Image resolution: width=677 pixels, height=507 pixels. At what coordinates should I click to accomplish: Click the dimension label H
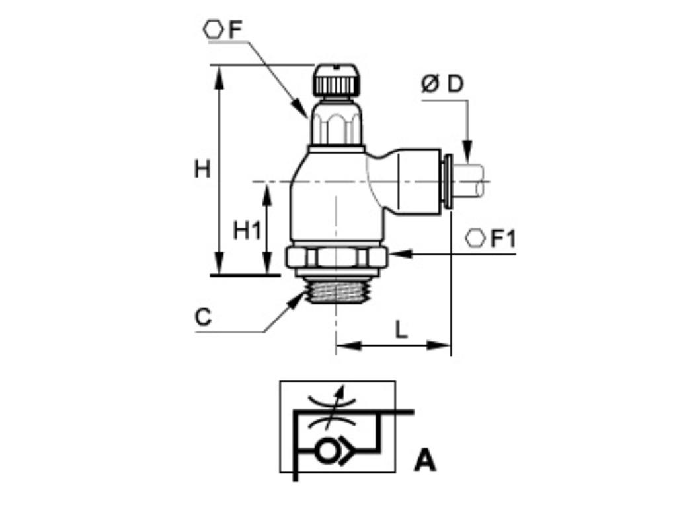click(202, 170)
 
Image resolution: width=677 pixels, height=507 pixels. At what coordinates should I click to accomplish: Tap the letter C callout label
click(203, 318)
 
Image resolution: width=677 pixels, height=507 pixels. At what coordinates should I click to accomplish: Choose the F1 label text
click(502, 239)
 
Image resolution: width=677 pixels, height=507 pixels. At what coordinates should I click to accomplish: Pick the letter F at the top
click(235, 30)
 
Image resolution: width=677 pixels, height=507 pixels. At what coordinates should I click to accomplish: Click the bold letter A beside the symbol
click(425, 460)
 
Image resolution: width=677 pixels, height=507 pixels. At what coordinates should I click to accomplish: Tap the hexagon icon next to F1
click(475, 239)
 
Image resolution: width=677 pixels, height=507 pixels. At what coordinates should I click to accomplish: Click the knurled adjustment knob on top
click(337, 80)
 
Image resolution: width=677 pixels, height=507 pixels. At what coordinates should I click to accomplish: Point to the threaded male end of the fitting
click(337, 290)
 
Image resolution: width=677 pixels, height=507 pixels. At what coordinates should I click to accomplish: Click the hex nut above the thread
click(337, 257)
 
